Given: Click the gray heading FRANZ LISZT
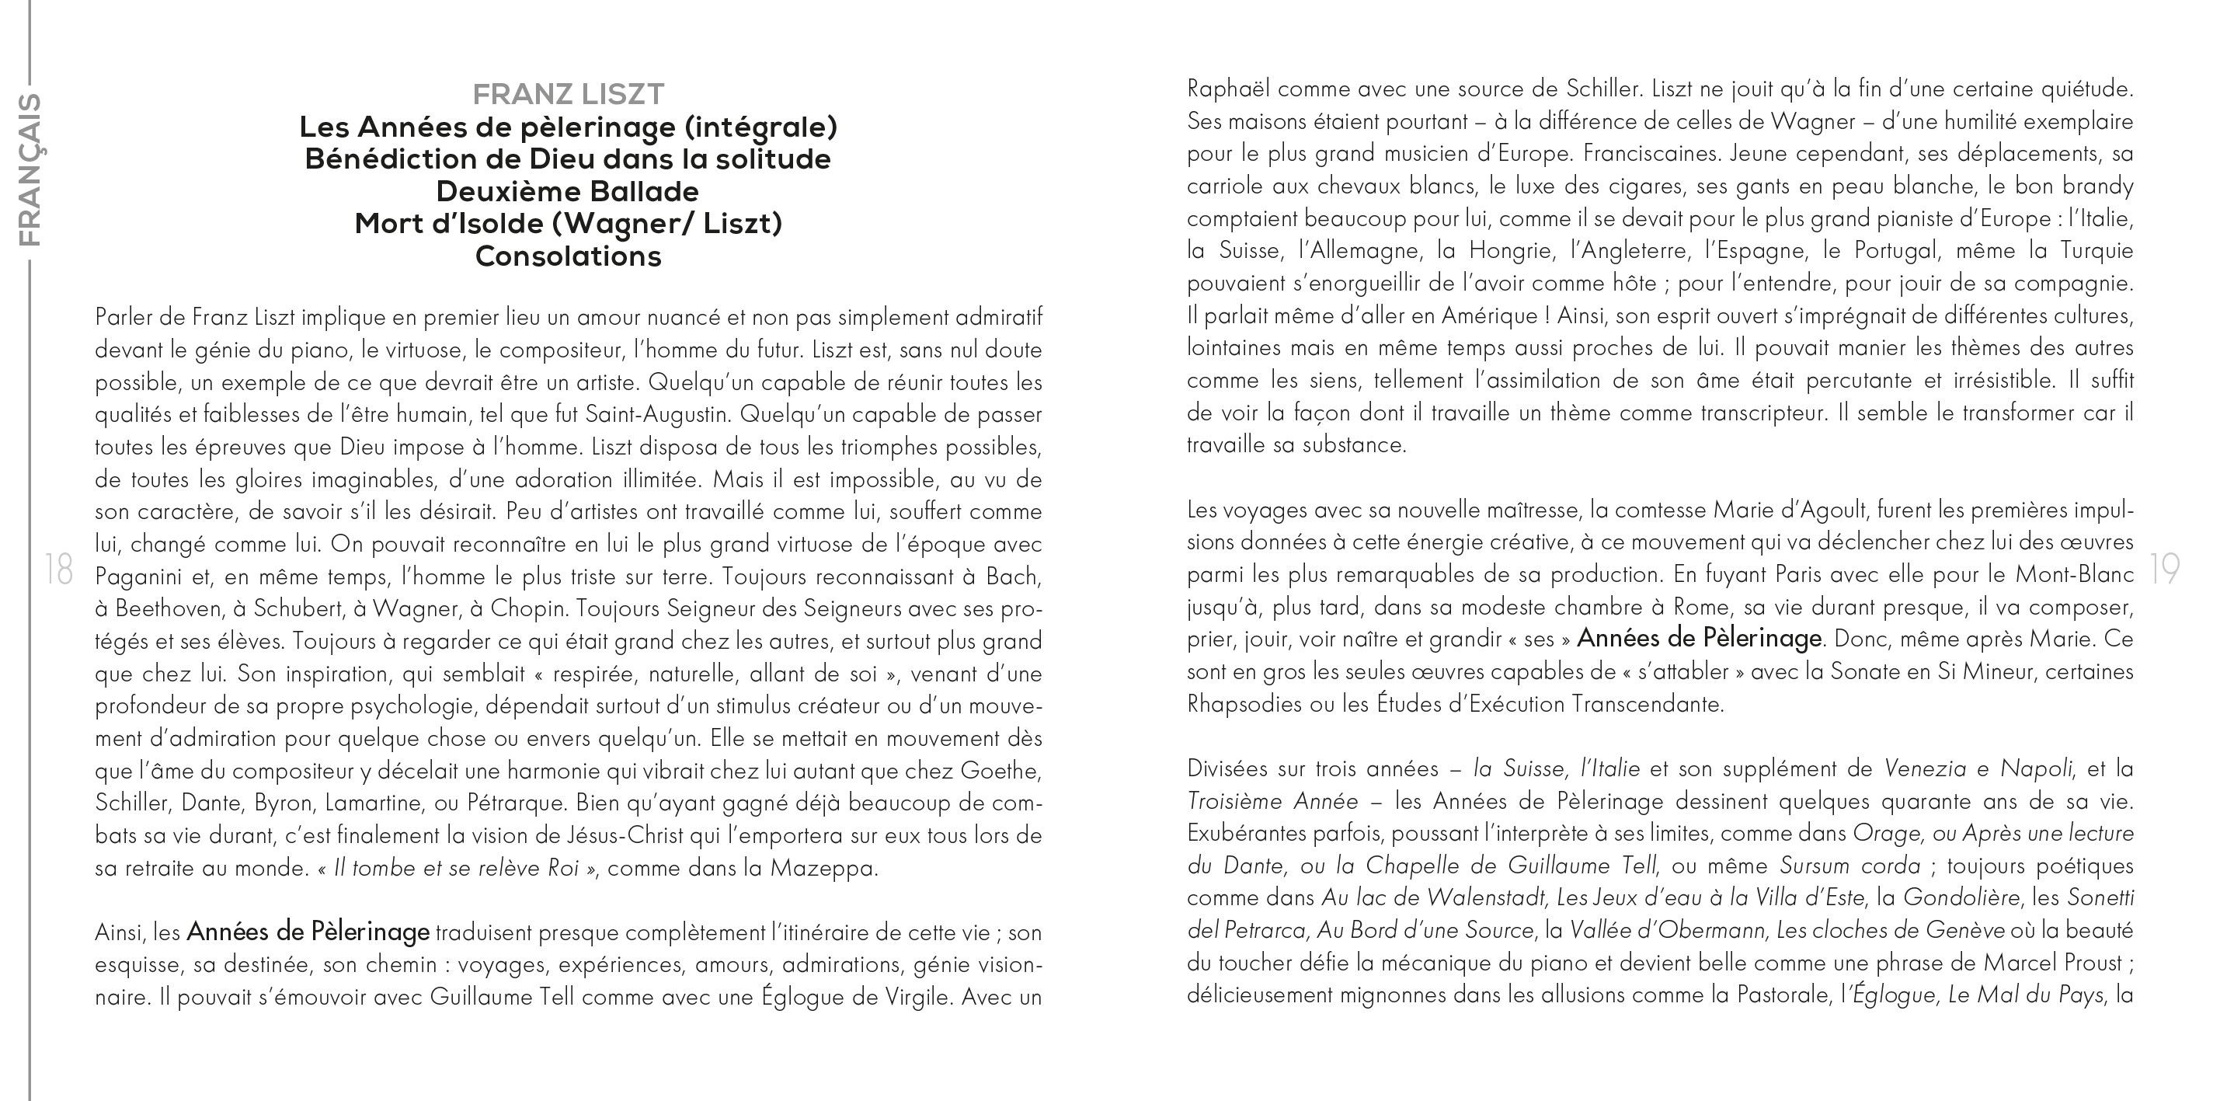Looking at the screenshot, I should (x=569, y=93).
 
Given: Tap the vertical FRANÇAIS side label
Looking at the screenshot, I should (x=30, y=170).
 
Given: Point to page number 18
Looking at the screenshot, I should (x=58, y=570).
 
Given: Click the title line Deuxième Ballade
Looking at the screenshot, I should (x=567, y=190).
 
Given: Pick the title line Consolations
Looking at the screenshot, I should (x=568, y=256).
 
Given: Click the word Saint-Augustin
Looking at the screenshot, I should (x=656, y=415).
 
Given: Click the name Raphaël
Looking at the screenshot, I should (x=1228, y=89).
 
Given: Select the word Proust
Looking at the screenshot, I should (x=2094, y=962).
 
